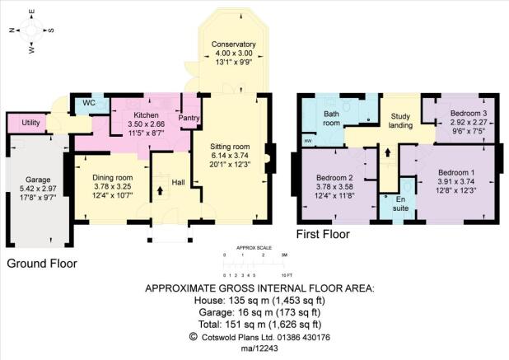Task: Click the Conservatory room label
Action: coord(233,44)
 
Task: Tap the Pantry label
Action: coord(189,118)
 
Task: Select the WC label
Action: coord(89,103)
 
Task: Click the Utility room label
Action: coord(30,123)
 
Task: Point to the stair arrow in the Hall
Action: coord(160,190)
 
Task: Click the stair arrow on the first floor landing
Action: coord(387,152)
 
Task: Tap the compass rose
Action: coord(31,30)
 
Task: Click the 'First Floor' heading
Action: coord(323,234)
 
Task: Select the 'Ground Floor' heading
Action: coord(42,264)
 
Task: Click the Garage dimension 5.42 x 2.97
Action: coord(38,189)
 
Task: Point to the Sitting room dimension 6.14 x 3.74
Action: coord(230,155)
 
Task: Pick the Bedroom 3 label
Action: coord(469,114)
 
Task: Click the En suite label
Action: coord(400,203)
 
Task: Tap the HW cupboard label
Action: coord(307,141)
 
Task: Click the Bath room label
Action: coord(331,119)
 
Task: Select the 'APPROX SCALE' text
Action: coord(254,248)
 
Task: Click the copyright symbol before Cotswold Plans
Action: coord(194,337)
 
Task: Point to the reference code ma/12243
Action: coord(259,348)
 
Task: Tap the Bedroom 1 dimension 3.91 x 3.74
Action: coord(456,181)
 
